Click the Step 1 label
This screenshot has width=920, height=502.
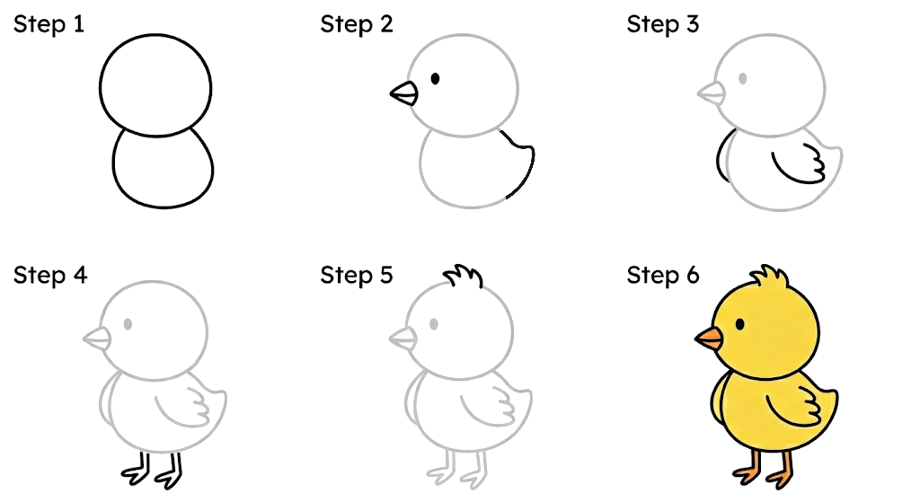coord(49,24)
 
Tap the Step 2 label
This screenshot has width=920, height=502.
coord(357,24)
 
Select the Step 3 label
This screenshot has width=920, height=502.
coord(663,24)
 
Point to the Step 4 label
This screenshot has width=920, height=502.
coord(50,274)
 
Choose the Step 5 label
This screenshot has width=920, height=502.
coord(357,274)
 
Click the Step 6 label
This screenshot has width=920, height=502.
coord(663,274)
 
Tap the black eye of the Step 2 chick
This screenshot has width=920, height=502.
coord(435,79)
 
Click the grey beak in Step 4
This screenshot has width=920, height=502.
coord(98,339)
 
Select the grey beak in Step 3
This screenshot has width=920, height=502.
coord(712,92)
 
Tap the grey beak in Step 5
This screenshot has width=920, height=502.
coord(404,339)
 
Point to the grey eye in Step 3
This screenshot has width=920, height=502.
coord(742,79)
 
